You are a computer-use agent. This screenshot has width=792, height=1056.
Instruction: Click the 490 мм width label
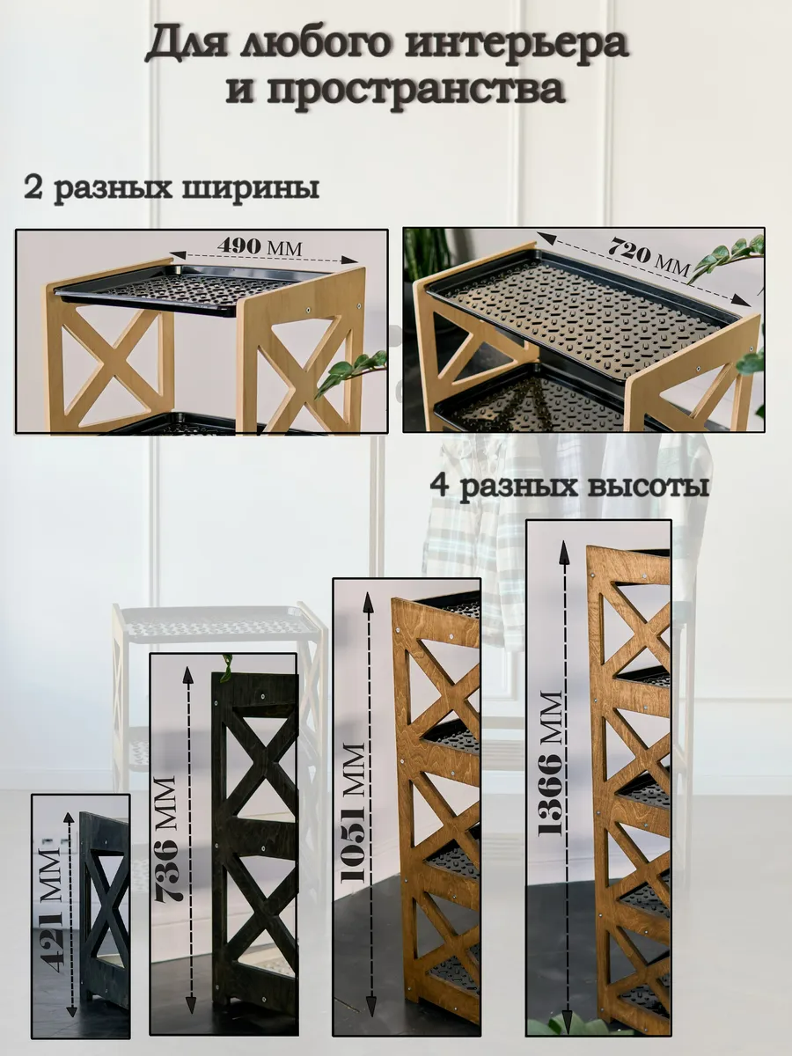coord(260,246)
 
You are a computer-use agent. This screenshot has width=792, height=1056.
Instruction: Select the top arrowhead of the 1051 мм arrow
coord(370,602)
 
